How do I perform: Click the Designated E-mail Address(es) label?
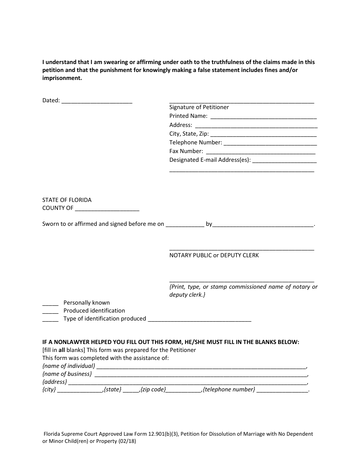click(x=210, y=160)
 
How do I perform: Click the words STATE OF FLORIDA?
click(x=67, y=200)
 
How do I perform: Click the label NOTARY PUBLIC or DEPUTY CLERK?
click(x=214, y=255)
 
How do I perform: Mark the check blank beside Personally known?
click(x=50, y=303)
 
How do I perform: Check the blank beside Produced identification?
click(x=50, y=311)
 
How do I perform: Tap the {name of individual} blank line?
click(x=201, y=367)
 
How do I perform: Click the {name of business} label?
click(x=67, y=374)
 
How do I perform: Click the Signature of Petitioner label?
click(x=199, y=107)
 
